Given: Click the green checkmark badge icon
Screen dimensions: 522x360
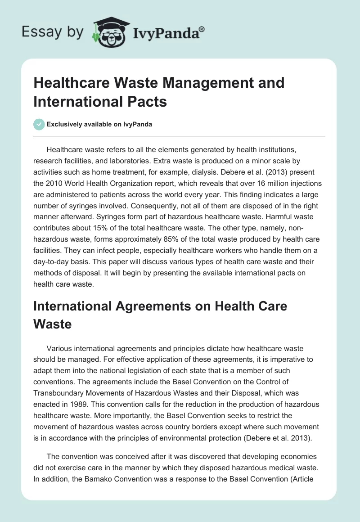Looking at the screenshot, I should [39, 124].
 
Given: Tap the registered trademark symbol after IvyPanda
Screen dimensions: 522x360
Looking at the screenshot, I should [202, 28].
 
